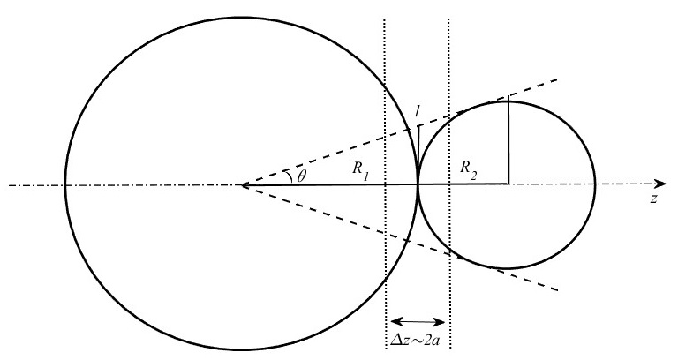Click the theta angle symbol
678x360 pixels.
coord(302,177)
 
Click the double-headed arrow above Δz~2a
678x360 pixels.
coord(418,321)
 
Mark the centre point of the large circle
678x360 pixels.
coord(242,185)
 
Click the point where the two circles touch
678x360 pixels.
coord(418,185)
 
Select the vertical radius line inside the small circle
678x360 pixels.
coord(508,143)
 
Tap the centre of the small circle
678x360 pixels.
coord(508,185)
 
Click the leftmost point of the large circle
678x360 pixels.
coord(64,185)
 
